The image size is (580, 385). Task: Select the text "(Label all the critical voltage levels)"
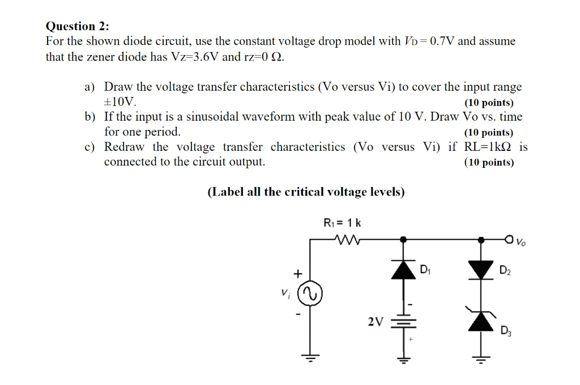[x=306, y=192]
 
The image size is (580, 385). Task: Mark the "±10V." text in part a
[x=120, y=102]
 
